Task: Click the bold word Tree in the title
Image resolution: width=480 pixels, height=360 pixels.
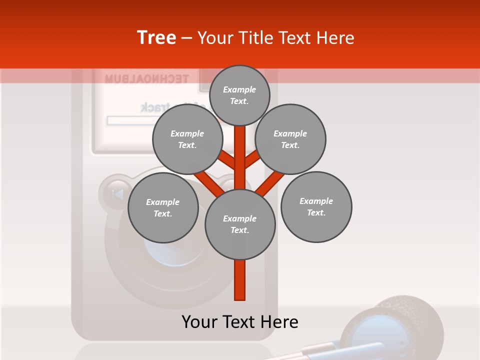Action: pyautogui.click(x=156, y=37)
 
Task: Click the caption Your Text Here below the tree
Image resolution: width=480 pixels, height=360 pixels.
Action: pyautogui.click(x=240, y=322)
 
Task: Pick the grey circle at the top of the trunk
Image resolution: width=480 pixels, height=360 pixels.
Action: pyautogui.click(x=239, y=95)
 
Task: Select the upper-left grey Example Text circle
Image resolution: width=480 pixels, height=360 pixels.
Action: pyautogui.click(x=187, y=139)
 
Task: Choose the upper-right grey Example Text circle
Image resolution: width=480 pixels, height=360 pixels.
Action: pyautogui.click(x=290, y=139)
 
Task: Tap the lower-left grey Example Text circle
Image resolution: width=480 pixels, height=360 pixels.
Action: pyautogui.click(x=163, y=207)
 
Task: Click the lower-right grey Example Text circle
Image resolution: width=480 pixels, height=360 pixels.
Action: pyautogui.click(x=316, y=206)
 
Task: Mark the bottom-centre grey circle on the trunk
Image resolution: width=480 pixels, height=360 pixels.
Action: pyautogui.click(x=240, y=224)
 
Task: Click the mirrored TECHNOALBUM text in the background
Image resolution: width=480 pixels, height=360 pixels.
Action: pyautogui.click(x=146, y=78)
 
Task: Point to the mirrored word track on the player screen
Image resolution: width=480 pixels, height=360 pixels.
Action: pyautogui.click(x=155, y=107)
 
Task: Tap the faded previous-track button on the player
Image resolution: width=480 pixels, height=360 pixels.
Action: pyautogui.click(x=116, y=193)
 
